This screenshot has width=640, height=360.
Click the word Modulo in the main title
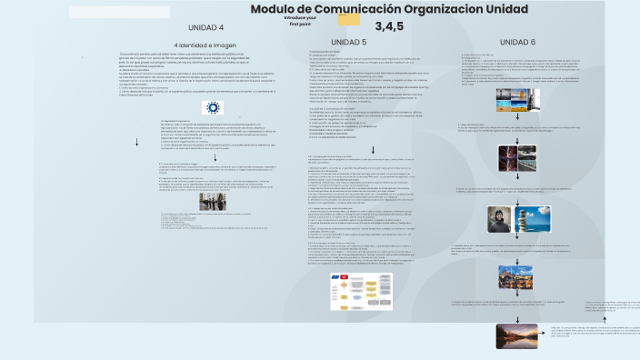coord(274,9)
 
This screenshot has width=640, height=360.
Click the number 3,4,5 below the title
coord(388,25)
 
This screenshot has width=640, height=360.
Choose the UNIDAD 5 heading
coord(349,42)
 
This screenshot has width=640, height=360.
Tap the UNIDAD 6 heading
coord(518,42)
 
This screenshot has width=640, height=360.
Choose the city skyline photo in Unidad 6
coord(515,275)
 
